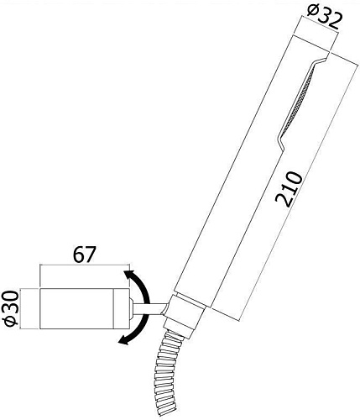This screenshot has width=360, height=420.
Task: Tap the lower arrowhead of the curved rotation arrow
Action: tap(123, 339)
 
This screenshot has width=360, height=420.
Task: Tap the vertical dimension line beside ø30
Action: tap(28, 308)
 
